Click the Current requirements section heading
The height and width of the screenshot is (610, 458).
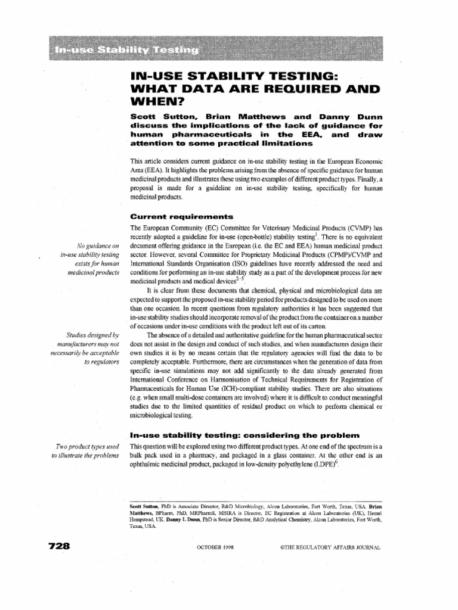coord(181,216)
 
